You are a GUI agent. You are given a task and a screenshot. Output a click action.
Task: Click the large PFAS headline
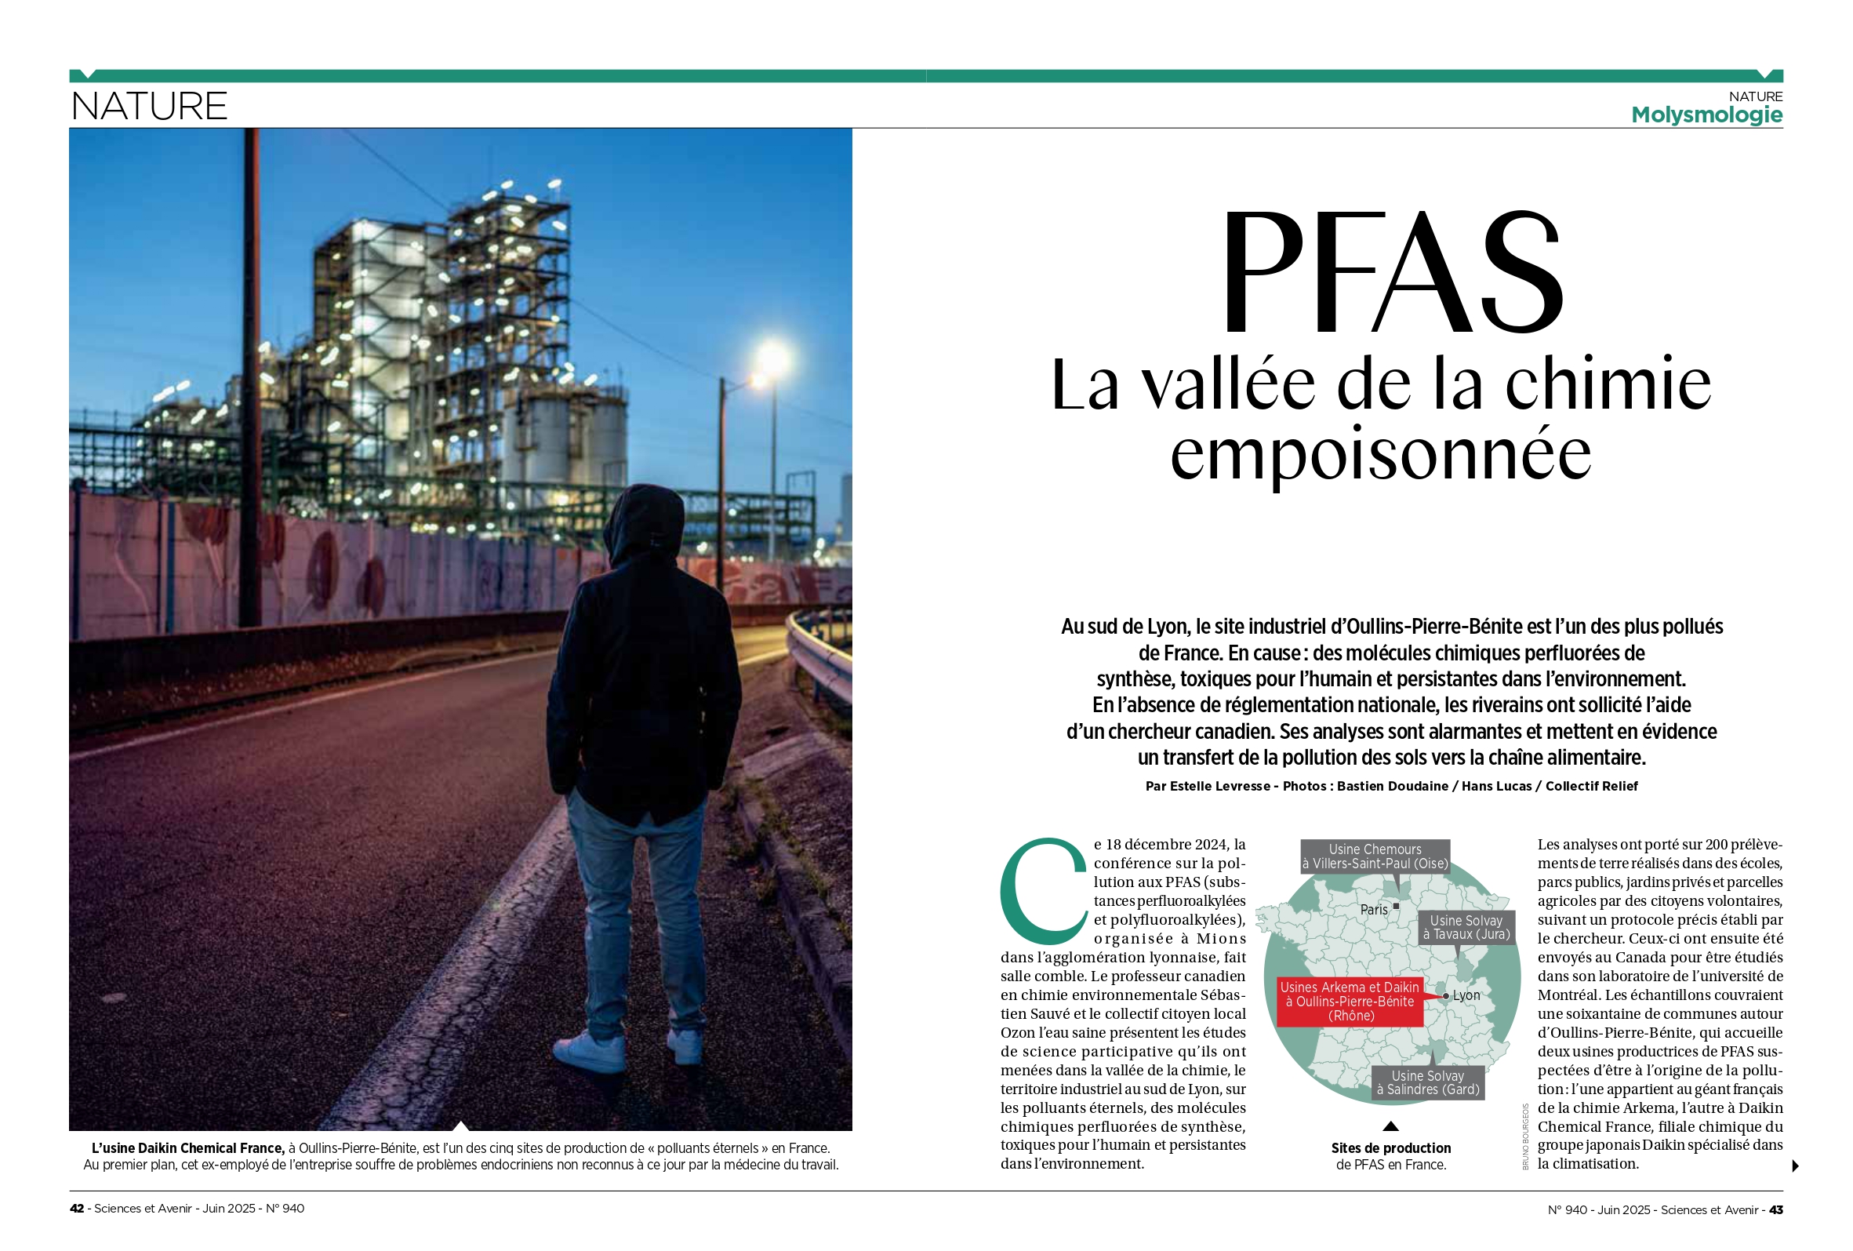(x=1391, y=272)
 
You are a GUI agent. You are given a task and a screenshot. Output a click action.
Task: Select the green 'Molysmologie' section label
(x=1706, y=115)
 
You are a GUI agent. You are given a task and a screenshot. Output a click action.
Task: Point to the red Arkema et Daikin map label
(x=1349, y=1001)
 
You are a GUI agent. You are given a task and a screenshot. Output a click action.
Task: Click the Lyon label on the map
(x=1466, y=995)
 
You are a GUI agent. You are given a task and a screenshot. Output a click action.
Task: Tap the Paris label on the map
(x=1374, y=909)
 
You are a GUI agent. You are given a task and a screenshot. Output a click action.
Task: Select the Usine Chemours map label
(x=1375, y=856)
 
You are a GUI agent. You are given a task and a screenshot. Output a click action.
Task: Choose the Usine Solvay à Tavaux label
(x=1466, y=927)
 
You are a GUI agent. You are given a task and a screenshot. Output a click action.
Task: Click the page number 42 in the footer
(x=77, y=1208)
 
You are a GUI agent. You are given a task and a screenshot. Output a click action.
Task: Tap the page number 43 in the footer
(x=1775, y=1209)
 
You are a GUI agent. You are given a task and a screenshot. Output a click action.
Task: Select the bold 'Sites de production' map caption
(x=1390, y=1147)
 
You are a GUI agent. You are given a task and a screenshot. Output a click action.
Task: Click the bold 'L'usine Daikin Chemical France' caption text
(x=187, y=1147)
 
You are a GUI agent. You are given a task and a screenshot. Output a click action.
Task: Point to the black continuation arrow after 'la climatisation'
(x=1795, y=1166)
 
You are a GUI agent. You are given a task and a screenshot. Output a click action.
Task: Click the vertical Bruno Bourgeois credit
(x=1525, y=1136)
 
